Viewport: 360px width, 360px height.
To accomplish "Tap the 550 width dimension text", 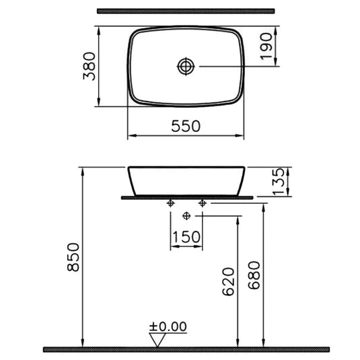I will (186, 125).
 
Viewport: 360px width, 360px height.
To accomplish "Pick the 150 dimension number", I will (186, 236).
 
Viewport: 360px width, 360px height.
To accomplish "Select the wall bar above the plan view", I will (186, 11).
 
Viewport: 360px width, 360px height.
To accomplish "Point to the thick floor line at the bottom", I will (186, 349).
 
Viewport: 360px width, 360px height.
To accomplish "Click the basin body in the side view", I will (186, 180).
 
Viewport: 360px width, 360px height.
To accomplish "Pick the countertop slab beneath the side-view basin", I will (186, 198).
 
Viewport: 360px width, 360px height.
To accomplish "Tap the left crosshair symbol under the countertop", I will (172, 203).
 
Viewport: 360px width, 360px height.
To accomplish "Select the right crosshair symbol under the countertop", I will (201, 203).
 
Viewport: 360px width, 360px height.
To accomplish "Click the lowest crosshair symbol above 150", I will (187, 216).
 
